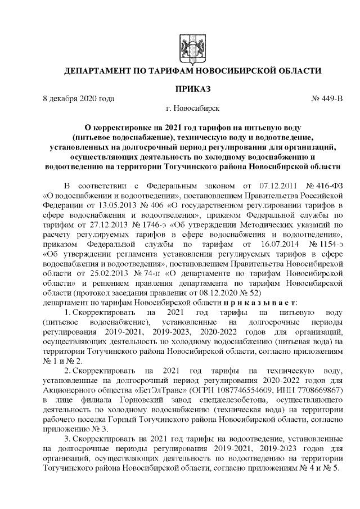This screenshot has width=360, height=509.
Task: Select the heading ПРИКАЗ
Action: point(193,89)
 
